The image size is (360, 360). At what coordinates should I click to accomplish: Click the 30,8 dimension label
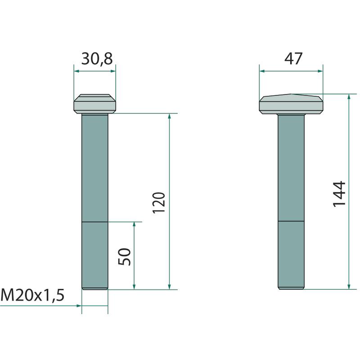coord(97,59)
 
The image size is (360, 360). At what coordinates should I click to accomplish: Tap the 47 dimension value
coord(293,58)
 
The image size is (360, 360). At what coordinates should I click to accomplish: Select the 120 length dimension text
coord(159,203)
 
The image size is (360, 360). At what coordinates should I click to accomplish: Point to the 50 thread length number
coord(124,256)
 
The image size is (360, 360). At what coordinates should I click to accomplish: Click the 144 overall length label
coord(339,194)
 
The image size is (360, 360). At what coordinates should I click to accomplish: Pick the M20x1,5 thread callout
coord(32,295)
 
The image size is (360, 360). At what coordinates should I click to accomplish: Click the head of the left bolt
coord(95,104)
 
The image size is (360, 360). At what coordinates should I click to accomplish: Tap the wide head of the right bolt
coord(291,104)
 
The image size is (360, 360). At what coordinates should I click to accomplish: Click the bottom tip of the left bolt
coord(95,289)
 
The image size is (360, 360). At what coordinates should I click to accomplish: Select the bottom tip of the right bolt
coord(291,289)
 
